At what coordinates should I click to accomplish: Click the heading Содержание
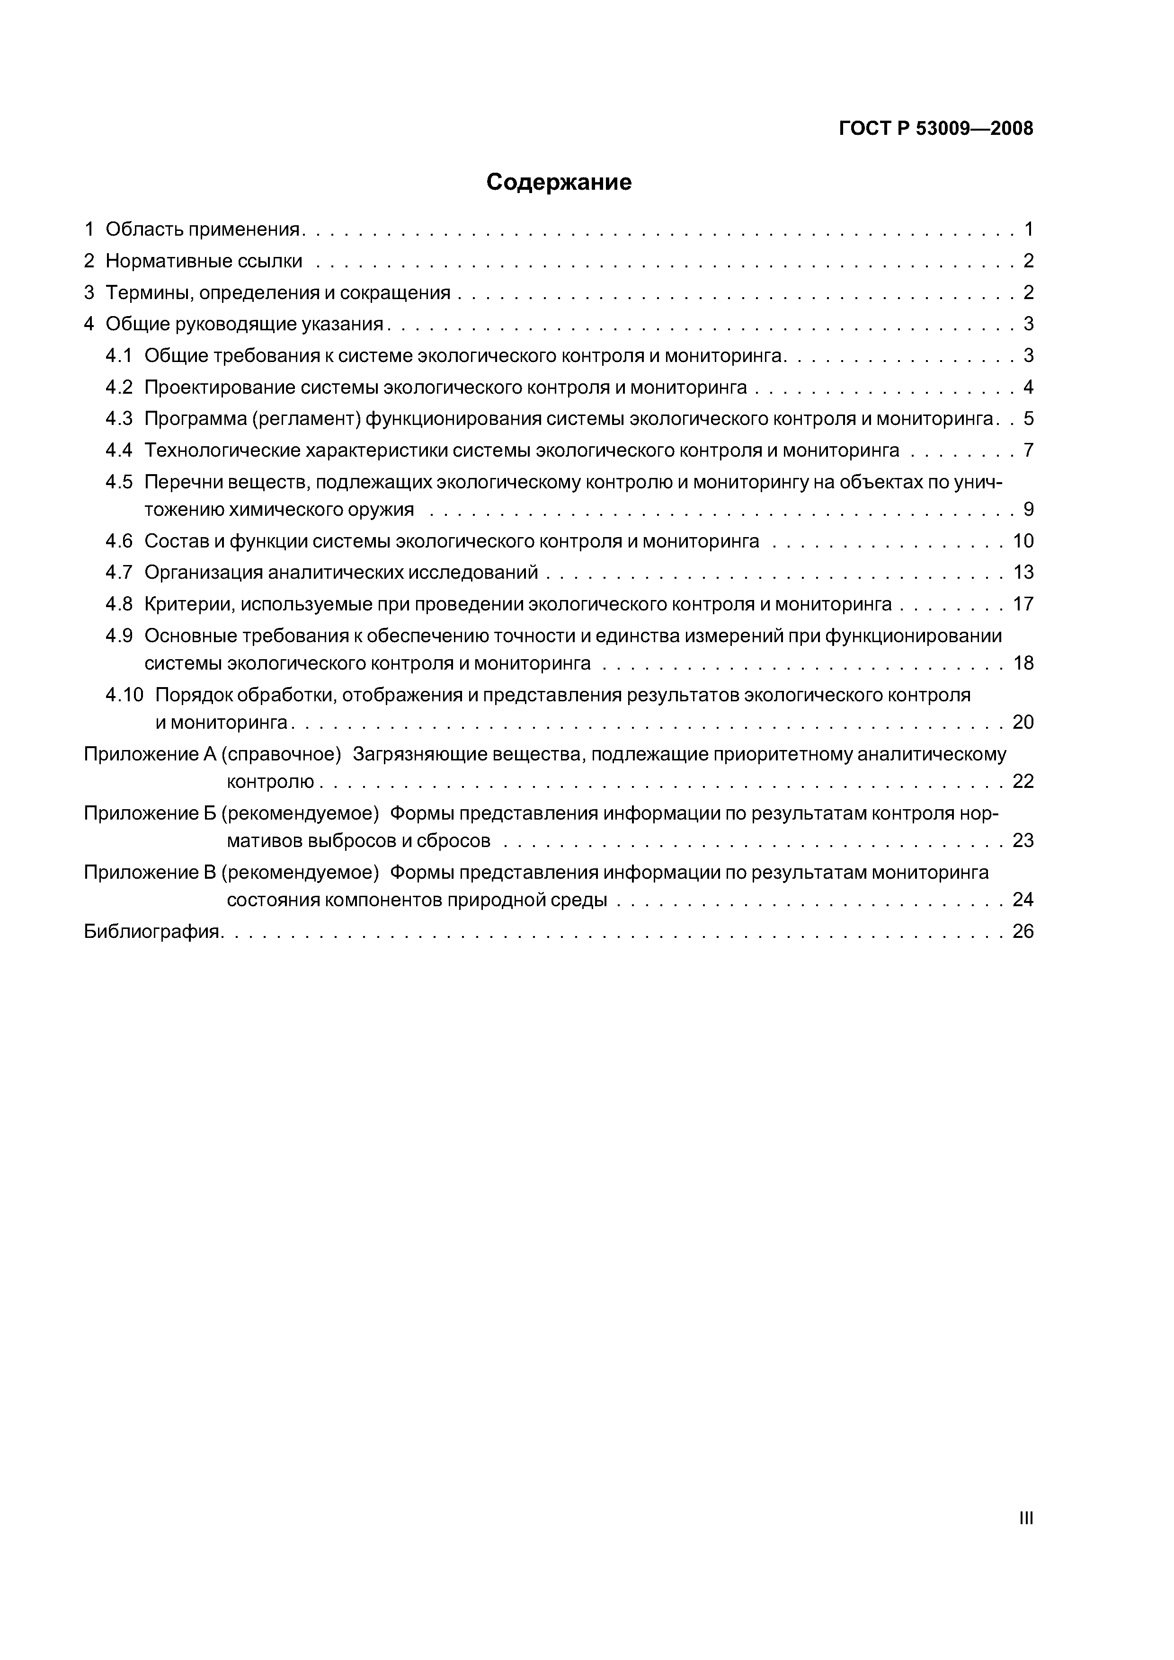(x=559, y=182)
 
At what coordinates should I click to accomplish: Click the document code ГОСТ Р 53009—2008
(x=935, y=129)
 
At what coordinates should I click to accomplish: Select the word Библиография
(x=152, y=931)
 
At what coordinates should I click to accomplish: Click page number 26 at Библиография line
(x=1023, y=931)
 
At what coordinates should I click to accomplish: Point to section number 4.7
(x=119, y=573)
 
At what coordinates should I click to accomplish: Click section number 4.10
(x=125, y=695)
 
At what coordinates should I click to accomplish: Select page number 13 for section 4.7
(x=1023, y=573)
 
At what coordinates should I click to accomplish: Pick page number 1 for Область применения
(x=1028, y=230)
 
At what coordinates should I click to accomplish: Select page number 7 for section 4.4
(x=1028, y=450)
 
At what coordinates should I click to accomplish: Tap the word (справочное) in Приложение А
(x=281, y=754)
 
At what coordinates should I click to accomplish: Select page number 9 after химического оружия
(x=1028, y=510)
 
